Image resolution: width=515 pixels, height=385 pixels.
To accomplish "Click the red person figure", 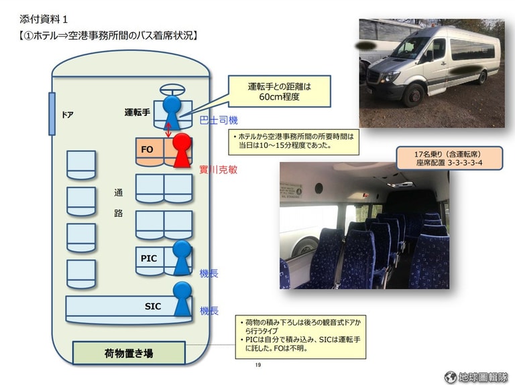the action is point(182,150).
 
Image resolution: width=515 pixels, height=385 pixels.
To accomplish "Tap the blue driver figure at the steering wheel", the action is point(172,112).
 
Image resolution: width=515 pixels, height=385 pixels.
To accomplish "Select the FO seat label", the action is point(147,149).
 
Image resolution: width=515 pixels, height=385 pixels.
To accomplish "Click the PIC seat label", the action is point(148,258).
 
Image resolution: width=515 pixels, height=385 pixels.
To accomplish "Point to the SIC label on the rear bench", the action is point(153,306).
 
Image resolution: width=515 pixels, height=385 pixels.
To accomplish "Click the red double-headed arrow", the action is point(168,130).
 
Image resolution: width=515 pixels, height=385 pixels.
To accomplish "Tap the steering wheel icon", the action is point(172,90).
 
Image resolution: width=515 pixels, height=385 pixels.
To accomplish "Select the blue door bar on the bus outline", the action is point(52,114).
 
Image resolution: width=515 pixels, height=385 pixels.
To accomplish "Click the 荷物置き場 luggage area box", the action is point(129,353).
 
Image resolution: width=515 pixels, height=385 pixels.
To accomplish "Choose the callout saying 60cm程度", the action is point(279,92).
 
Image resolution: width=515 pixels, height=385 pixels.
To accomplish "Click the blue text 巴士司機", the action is point(219,121).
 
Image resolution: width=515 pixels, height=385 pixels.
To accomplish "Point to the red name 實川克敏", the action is point(219,169).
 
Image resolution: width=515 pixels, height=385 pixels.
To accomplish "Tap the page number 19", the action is point(257,365).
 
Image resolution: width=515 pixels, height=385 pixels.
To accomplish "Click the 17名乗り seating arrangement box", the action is point(449,158).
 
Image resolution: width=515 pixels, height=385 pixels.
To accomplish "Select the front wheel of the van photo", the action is point(414,96).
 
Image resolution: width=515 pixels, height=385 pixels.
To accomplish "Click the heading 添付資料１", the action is point(44,19).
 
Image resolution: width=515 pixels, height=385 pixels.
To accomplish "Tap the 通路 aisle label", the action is point(118,203).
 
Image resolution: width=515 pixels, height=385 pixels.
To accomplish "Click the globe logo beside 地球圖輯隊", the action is point(451,377).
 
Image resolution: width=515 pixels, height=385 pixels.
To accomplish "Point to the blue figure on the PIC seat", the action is point(182,257).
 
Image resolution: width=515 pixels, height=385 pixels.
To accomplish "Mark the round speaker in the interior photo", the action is point(319,189).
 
